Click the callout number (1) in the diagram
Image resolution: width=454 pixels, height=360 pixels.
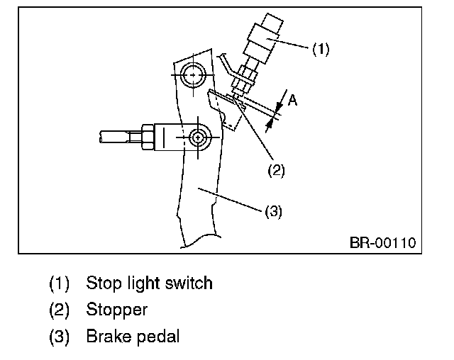(x=321, y=50)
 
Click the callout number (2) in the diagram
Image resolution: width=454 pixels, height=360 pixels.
(x=276, y=170)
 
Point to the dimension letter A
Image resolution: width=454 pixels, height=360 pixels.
(x=291, y=101)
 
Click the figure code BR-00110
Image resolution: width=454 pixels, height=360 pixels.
(x=382, y=243)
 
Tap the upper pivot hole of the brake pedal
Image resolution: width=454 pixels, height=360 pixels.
(x=192, y=73)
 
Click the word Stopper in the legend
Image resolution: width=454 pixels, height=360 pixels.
(x=116, y=310)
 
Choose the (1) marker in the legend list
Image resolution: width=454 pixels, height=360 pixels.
(x=59, y=284)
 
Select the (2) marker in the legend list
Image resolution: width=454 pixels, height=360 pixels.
(x=59, y=310)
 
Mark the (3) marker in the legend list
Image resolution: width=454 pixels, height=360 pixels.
(x=59, y=337)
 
